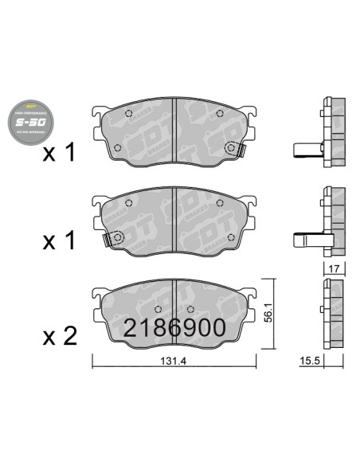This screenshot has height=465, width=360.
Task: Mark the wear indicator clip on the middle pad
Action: (x=113, y=237)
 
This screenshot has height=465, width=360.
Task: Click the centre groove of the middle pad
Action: (x=174, y=221)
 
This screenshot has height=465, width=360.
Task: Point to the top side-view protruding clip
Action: (x=306, y=148)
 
